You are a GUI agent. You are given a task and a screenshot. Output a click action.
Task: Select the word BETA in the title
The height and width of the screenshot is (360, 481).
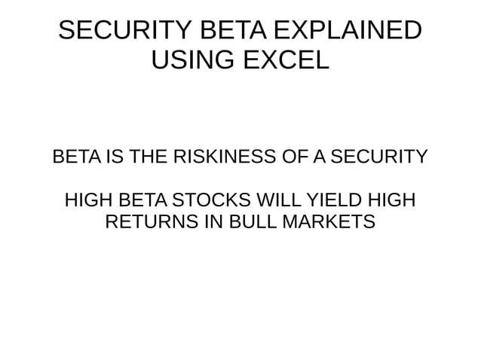225,31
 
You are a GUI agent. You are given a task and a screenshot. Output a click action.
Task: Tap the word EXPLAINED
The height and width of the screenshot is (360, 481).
346,31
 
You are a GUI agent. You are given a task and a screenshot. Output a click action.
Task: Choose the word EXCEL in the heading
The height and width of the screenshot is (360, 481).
286,59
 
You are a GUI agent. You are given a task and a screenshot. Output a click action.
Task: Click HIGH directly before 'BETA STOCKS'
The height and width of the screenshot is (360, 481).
88,202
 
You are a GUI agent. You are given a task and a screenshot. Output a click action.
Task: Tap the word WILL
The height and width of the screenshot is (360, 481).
279,202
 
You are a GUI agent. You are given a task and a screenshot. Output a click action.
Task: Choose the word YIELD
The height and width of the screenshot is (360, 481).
334,202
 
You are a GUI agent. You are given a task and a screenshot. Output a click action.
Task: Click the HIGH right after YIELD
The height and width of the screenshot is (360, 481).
391,202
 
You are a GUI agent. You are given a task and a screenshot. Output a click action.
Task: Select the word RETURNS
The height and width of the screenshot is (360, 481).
150,223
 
